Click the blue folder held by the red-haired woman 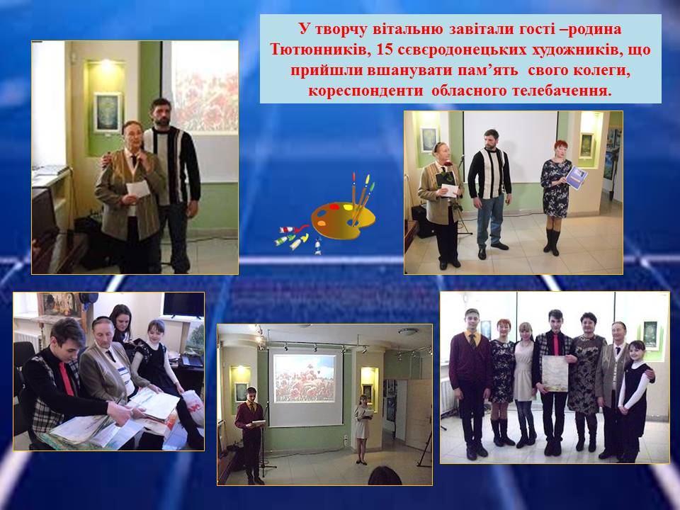click(576, 177)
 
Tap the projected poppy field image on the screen click(305, 378)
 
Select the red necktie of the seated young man click(67, 378)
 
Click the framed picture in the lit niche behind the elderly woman click(107, 112)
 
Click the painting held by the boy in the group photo click(555, 374)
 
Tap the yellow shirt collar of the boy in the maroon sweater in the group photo click(472, 336)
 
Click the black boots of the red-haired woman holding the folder click(552, 242)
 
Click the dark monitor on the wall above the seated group click(183, 305)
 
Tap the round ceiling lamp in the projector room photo click(409, 331)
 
